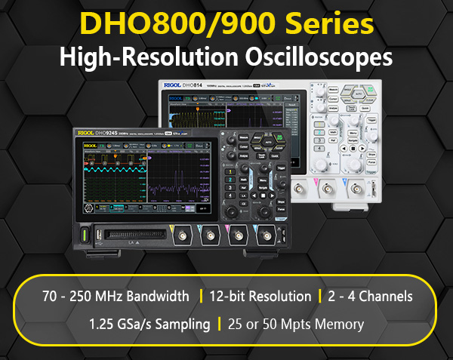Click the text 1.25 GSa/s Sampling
(x=149, y=325)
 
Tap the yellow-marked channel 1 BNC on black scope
(x=183, y=238)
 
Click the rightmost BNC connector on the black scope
(x=264, y=238)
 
